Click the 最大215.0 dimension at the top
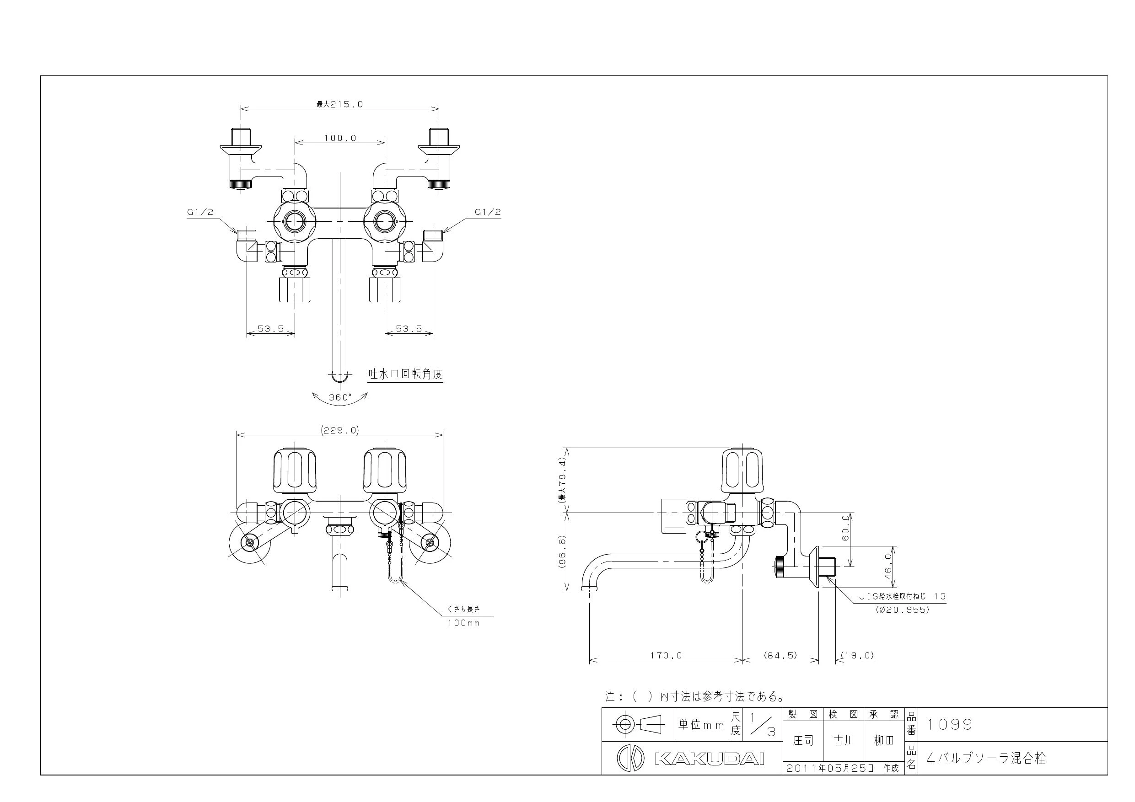[x=339, y=104]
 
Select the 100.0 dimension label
[x=340, y=138]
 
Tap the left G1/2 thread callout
[x=200, y=212]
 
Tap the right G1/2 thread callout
[x=488, y=212]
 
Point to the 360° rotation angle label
[x=340, y=397]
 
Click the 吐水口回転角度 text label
[x=405, y=374]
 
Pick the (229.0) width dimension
[x=339, y=430]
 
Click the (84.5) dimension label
[x=781, y=655]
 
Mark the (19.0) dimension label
[x=858, y=655]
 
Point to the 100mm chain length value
[x=464, y=623]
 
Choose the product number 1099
[x=950, y=724]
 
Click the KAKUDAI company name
[x=710, y=759]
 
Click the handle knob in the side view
[x=742, y=470]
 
